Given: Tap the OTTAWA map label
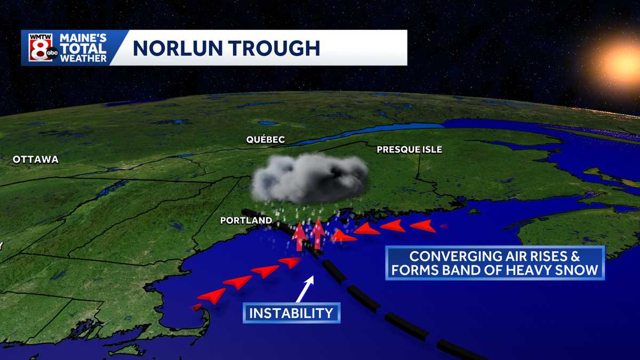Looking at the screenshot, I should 36,159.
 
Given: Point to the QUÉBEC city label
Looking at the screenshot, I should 265,140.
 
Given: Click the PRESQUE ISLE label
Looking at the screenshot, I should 409,150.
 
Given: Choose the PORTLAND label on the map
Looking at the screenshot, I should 246,220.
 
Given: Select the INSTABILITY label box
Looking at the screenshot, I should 291,313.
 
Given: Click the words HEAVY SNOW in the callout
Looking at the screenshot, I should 553,270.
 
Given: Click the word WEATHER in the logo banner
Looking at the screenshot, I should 84,58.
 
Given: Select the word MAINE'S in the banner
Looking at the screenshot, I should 84,38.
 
